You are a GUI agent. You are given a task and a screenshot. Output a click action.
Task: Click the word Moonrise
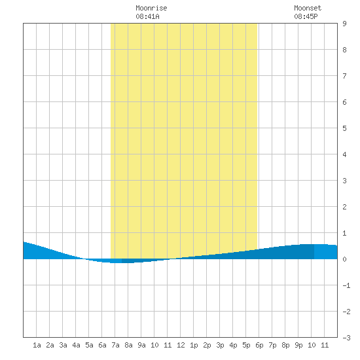tap(151, 8)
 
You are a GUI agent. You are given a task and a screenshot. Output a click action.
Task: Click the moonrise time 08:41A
tap(147, 16)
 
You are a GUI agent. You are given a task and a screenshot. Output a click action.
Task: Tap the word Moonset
tap(308, 8)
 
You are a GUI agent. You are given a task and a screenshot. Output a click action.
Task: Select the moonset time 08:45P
tap(306, 16)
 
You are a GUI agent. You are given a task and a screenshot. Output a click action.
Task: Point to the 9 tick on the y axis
tap(344, 24)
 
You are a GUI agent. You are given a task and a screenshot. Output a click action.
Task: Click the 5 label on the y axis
tap(344, 128)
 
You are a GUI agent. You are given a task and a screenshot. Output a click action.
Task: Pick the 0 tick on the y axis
tap(344, 259)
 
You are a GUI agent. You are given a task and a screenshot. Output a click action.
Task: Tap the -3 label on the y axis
tap(346, 338)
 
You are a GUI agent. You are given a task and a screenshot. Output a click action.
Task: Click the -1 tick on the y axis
tap(346, 285)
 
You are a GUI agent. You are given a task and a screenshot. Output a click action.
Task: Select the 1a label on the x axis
tap(37, 345)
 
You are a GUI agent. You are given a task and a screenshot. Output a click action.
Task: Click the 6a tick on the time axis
tap(102, 345)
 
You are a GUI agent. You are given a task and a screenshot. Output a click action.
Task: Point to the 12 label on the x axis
tap(181, 345)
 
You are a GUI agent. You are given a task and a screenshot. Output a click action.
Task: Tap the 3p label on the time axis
tap(220, 345)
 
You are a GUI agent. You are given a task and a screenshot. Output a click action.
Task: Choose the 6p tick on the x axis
tap(259, 345)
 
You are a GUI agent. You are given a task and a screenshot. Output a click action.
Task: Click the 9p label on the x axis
tap(298, 345)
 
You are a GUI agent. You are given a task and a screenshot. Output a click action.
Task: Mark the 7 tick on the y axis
tap(344, 76)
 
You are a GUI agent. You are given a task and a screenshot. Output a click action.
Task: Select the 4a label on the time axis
tap(76, 345)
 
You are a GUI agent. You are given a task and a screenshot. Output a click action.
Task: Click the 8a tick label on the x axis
tap(128, 345)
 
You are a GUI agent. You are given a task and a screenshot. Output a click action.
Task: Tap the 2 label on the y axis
tap(344, 207)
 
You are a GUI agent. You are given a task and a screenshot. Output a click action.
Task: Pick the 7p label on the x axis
tap(272, 345)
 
